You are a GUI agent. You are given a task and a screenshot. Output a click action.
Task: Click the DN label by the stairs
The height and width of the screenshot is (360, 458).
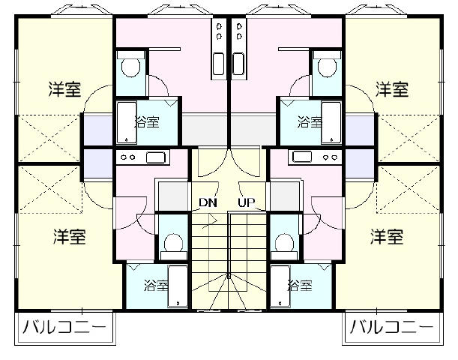pyautogui.click(x=208, y=202)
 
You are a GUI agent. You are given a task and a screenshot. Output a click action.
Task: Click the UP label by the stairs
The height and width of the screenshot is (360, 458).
pyautogui.click(x=246, y=202)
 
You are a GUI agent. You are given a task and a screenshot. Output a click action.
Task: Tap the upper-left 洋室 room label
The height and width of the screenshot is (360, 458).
pyautogui.click(x=64, y=89)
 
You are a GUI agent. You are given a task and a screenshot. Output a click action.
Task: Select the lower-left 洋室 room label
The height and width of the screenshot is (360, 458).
pyautogui.click(x=70, y=237)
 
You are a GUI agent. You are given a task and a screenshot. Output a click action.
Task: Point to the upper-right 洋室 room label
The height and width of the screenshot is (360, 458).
pyautogui.click(x=392, y=89)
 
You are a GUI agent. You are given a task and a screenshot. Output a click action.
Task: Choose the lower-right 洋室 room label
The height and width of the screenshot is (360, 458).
pyautogui.click(x=387, y=237)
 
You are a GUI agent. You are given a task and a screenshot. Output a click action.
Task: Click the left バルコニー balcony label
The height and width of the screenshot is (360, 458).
pyautogui.click(x=64, y=327)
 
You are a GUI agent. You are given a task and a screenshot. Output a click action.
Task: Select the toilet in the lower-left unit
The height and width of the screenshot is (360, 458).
pyautogui.click(x=173, y=246)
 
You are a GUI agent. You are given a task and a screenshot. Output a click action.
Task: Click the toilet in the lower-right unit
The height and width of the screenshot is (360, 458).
pyautogui.click(x=285, y=246)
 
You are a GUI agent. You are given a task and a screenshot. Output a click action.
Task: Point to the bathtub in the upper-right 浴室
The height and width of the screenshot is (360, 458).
pyautogui.click(x=331, y=123)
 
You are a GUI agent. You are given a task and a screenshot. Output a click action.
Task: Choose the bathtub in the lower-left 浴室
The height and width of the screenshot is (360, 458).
pyautogui.click(x=178, y=286)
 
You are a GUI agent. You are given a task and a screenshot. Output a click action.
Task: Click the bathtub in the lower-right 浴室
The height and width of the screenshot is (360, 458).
pyautogui.click(x=280, y=286)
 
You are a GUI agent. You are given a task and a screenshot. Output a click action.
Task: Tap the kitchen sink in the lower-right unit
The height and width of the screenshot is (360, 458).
pyautogui.click(x=302, y=157)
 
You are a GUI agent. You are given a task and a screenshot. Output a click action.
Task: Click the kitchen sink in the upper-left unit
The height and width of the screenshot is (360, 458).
pyautogui.click(x=218, y=64)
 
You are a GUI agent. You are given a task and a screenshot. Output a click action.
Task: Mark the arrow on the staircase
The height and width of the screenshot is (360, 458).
pyautogui.click(x=211, y=221)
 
